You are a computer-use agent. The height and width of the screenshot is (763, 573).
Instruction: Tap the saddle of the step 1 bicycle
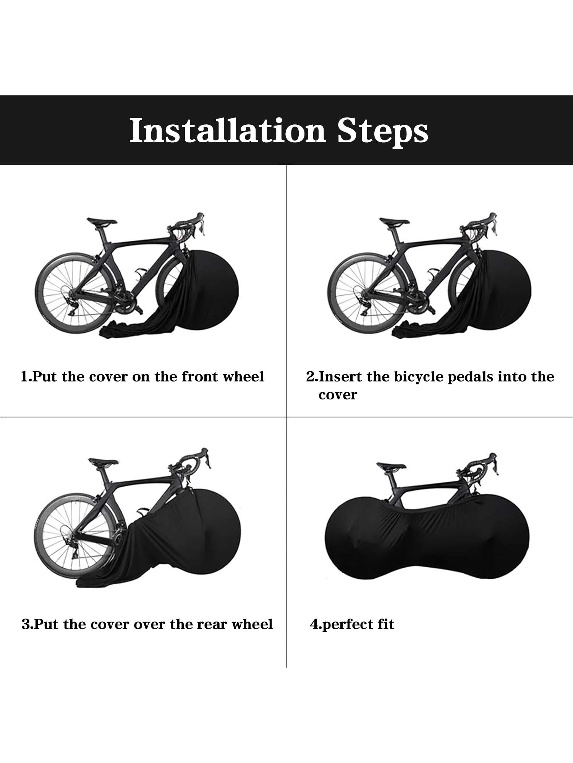point(101,221)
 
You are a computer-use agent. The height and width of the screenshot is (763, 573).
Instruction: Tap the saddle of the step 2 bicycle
point(394,221)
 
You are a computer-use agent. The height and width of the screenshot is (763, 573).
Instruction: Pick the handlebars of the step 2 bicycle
point(480,225)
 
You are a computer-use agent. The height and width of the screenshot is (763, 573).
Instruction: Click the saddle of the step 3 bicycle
point(103,462)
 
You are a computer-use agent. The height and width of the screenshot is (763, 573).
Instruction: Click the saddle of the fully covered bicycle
point(391,466)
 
